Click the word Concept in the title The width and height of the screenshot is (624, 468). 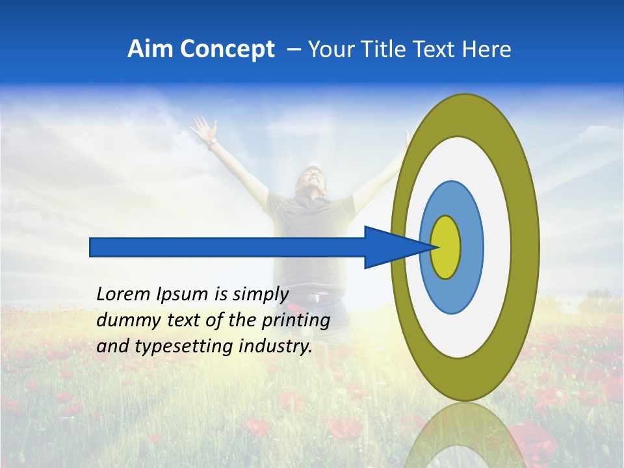(x=227, y=49)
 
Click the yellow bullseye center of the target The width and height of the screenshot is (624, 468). (x=446, y=247)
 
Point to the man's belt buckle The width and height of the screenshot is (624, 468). (x=316, y=298)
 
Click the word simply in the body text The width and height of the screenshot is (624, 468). (x=259, y=295)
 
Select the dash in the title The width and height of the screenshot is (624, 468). (x=294, y=49)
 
